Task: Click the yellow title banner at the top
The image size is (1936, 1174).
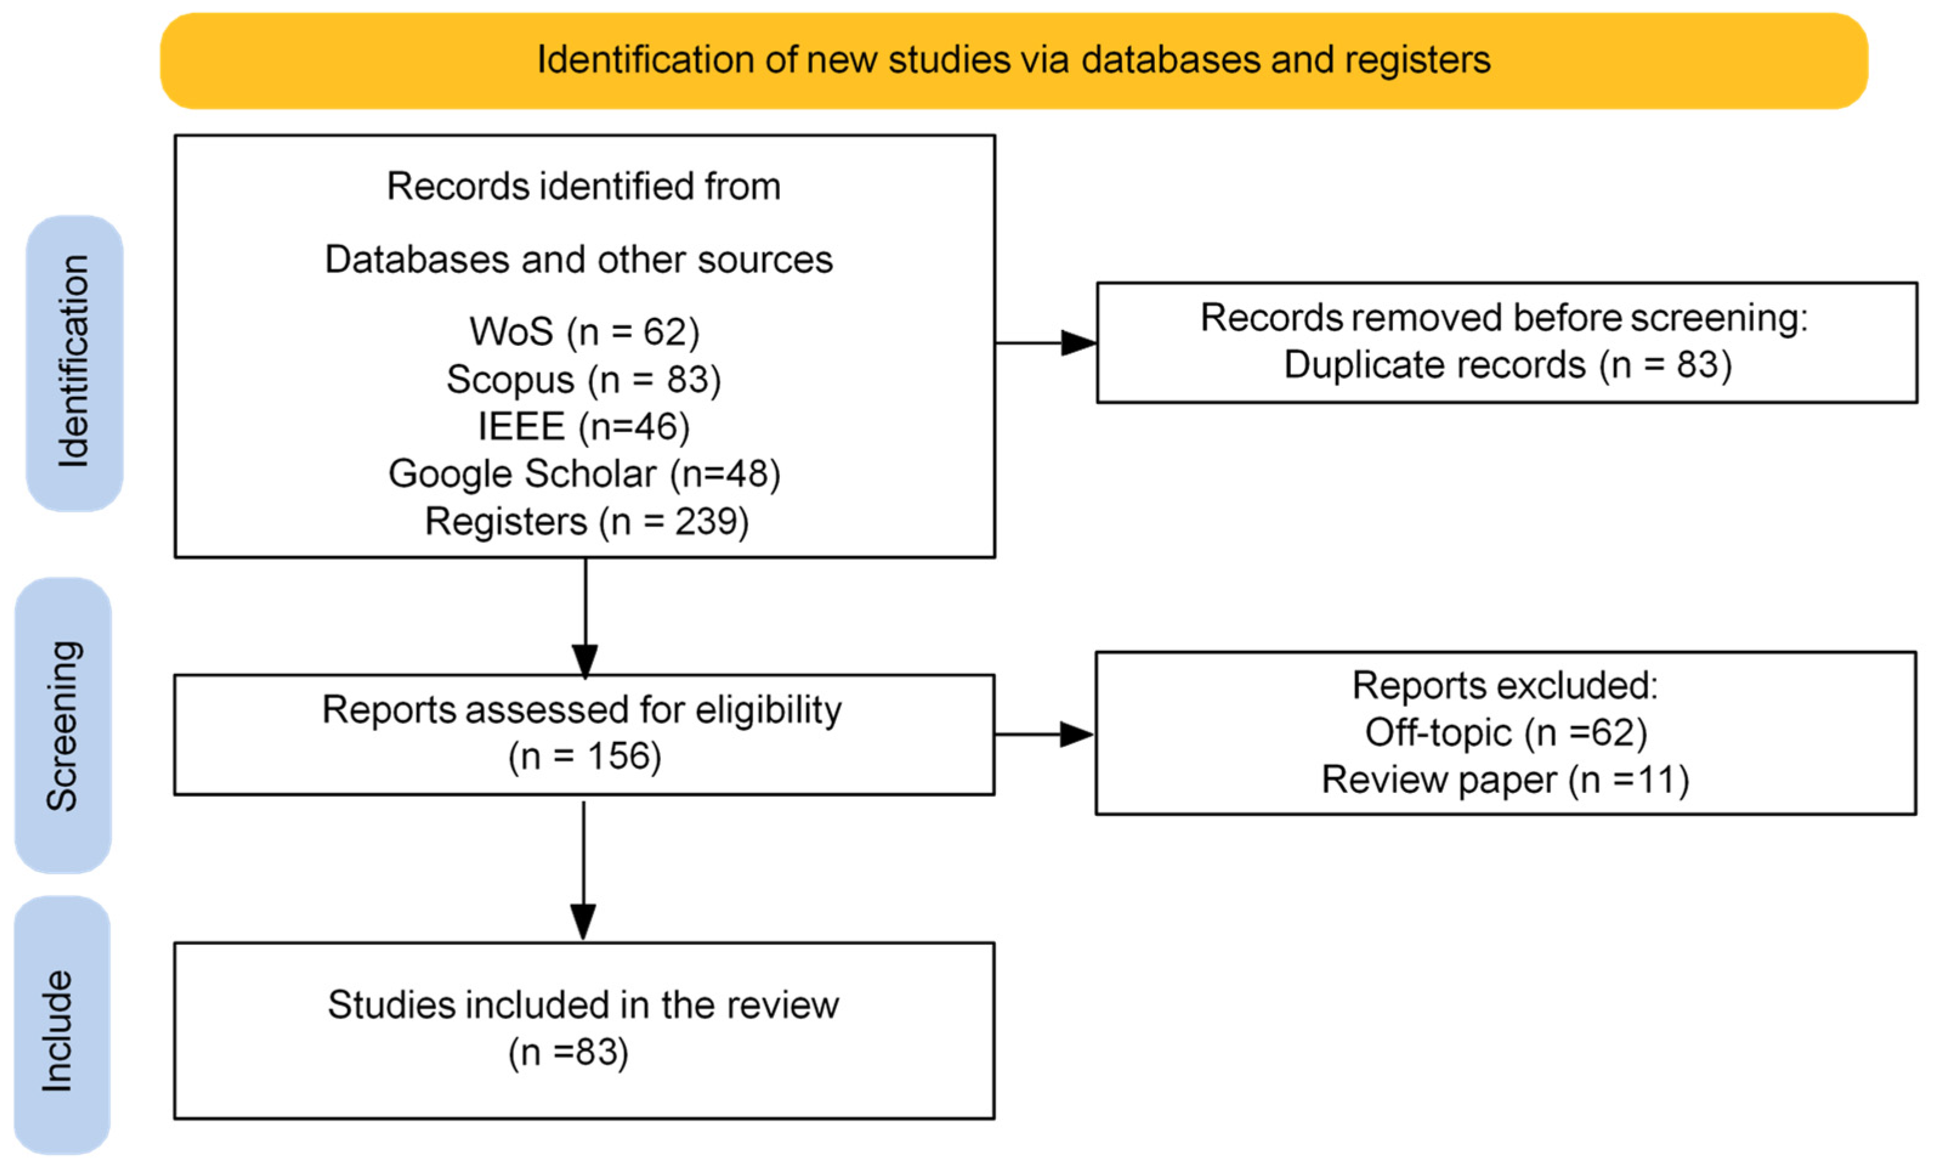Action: coord(1014,61)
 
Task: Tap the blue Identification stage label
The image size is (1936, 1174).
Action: coord(75,363)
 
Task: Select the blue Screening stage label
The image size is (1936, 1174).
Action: coord(63,726)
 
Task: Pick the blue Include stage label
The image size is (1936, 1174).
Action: coord(61,1025)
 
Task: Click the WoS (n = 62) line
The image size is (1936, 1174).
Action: coord(584,331)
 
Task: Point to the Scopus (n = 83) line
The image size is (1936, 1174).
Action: coord(584,380)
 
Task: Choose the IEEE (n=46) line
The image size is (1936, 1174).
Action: coord(584,427)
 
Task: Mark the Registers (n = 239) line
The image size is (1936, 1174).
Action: coord(587,521)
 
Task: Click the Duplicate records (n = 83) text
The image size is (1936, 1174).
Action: coord(1508,365)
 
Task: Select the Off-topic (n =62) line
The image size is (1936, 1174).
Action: coord(1506,733)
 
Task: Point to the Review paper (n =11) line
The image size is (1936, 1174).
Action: coord(1506,780)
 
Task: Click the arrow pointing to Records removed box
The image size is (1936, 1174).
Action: coord(1046,342)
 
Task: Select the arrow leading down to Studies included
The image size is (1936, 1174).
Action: coord(583,871)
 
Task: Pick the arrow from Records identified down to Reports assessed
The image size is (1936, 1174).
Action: coord(586,618)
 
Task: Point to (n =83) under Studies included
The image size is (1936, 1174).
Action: coord(569,1052)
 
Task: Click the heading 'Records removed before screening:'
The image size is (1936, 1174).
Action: coord(1504,318)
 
